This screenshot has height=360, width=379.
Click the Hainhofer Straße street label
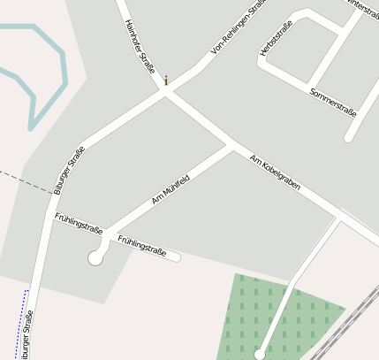tap(140, 45)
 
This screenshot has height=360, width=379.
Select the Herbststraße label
tap(276, 40)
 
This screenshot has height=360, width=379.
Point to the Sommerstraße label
tap(332, 102)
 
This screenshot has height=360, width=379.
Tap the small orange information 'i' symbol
tap(165, 80)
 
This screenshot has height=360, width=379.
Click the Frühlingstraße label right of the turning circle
tap(141, 245)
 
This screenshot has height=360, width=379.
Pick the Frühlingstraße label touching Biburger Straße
tap(79, 222)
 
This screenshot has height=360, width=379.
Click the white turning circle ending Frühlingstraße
tap(95, 258)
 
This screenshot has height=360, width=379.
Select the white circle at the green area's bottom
tap(259, 354)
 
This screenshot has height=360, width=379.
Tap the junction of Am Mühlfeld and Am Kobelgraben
tap(232, 145)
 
